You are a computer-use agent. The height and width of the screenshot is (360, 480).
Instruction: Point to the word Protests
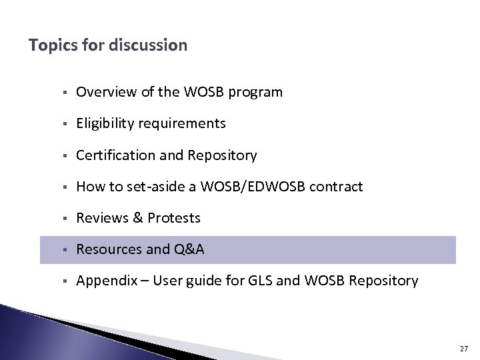174,218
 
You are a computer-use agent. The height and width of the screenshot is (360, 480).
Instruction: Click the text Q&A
189,249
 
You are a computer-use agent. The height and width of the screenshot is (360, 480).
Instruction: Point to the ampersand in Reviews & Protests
137,218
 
